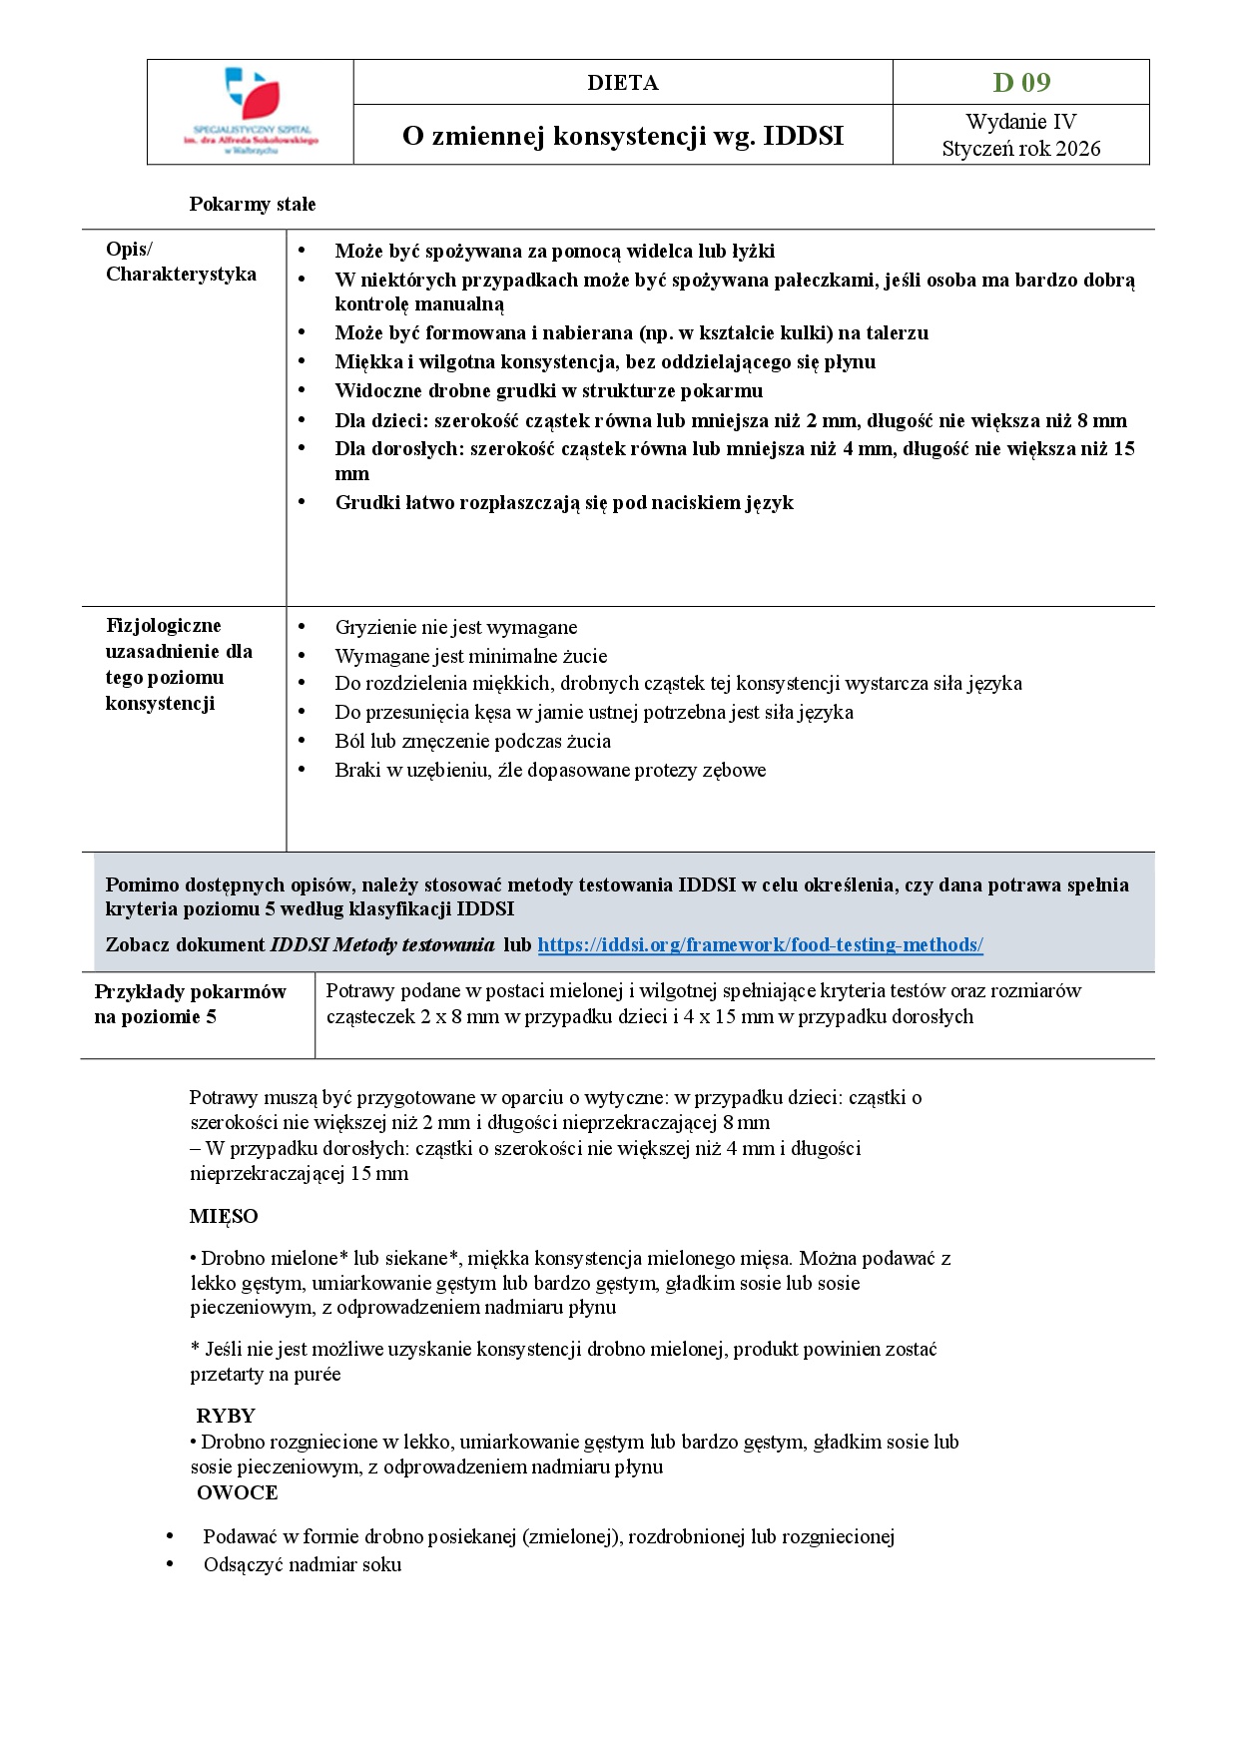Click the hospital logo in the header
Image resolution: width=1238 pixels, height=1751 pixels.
(251, 111)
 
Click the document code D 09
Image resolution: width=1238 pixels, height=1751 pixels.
(1020, 82)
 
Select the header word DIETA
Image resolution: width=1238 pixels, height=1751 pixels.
(622, 83)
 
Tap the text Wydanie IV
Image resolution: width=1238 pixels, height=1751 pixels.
(1020, 122)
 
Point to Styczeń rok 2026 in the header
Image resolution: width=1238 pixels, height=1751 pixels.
(1020, 149)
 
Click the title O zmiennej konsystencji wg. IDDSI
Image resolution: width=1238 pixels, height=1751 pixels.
(622, 136)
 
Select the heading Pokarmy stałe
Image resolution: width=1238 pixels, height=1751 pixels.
(253, 205)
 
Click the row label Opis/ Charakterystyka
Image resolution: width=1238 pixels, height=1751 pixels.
(181, 262)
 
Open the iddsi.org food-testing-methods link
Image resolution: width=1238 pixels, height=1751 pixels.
(760, 944)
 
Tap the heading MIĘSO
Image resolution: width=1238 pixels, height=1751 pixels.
(224, 1216)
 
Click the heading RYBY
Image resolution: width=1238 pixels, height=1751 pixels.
(226, 1416)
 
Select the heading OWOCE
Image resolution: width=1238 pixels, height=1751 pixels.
(237, 1492)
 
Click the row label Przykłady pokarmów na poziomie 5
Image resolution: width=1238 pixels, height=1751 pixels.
(190, 1004)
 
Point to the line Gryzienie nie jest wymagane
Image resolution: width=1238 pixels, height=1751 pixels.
(456, 627)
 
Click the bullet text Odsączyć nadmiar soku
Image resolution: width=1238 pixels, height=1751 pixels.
(303, 1564)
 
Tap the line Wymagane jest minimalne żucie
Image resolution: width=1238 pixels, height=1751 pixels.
(471, 656)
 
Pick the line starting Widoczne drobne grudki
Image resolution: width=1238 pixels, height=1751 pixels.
(548, 390)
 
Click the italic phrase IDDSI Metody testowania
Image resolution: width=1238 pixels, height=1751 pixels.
(382, 944)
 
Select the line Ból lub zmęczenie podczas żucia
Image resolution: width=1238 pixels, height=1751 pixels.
(472, 741)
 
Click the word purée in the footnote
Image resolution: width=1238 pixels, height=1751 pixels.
(316, 1374)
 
